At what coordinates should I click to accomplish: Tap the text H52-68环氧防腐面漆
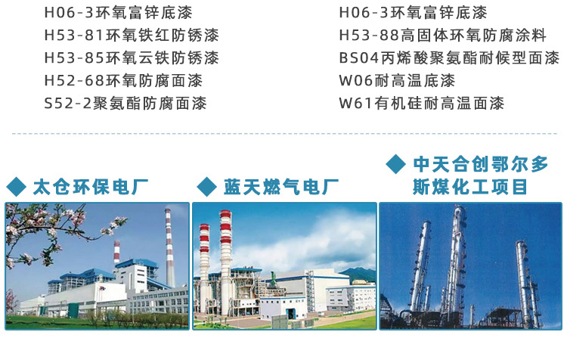click(x=123, y=80)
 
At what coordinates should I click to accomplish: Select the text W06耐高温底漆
click(x=397, y=80)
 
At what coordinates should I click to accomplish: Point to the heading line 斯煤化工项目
click(x=469, y=186)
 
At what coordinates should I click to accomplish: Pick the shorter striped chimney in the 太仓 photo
click(x=116, y=254)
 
